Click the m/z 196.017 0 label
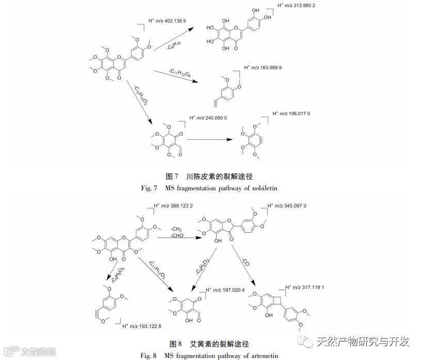click(295, 113)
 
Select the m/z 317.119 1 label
click(311, 287)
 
